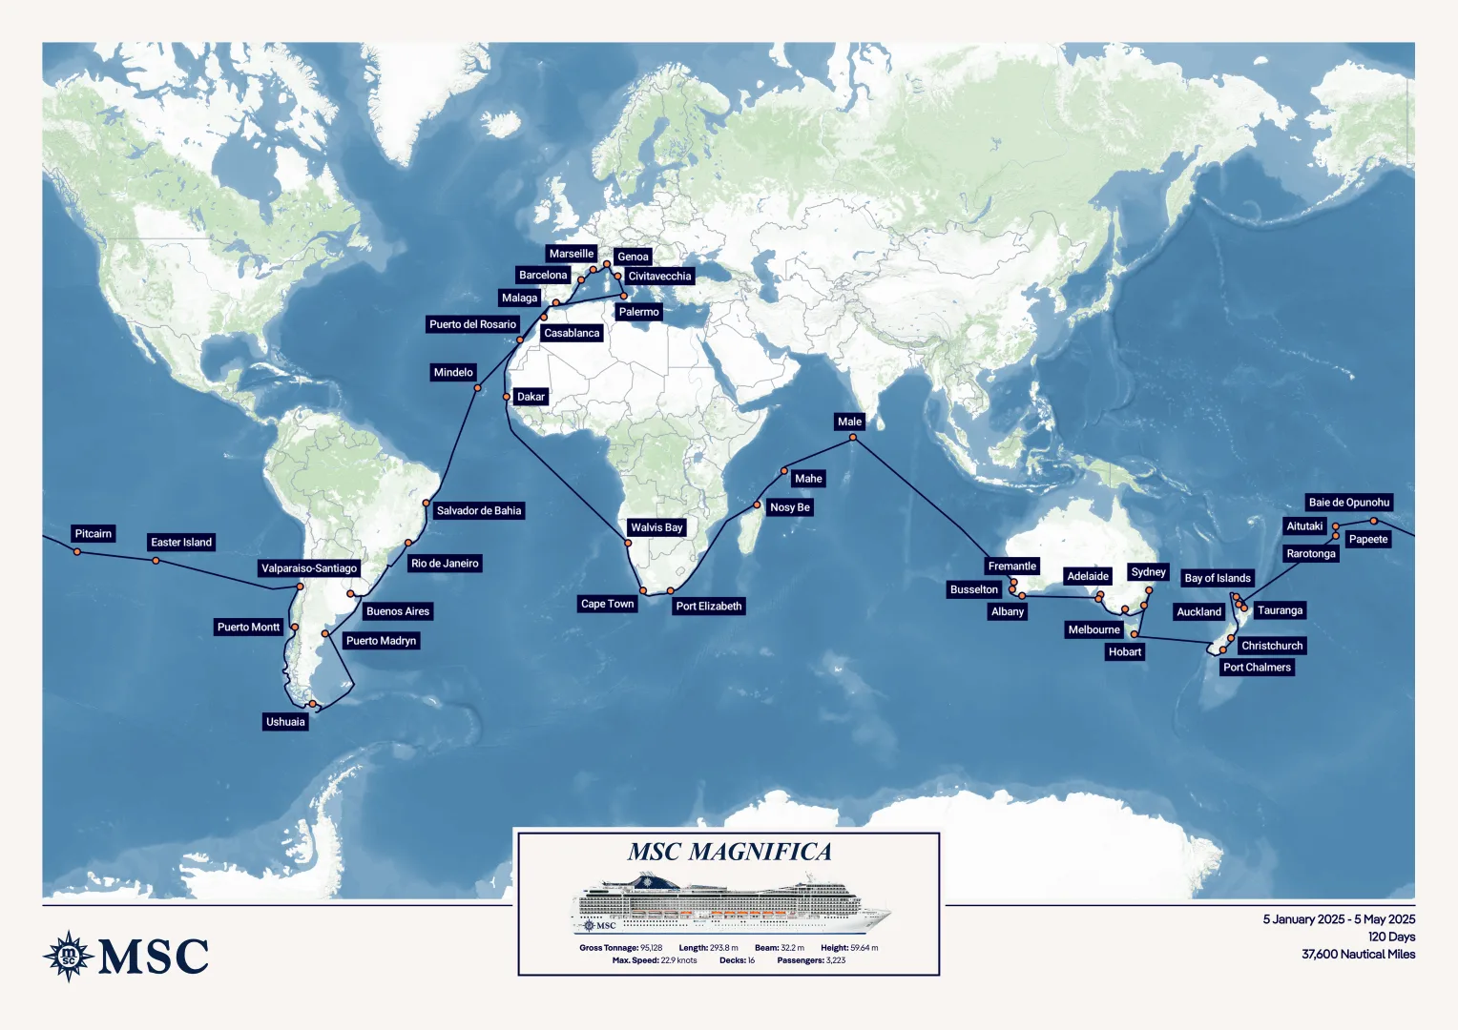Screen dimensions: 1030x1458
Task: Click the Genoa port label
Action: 633,257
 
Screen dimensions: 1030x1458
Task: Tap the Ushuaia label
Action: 285,722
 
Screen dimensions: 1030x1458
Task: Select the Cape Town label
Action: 607,604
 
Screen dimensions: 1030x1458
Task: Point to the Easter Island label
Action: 181,543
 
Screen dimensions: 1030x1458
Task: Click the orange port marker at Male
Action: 853,438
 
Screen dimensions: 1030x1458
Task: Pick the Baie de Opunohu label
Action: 1348,503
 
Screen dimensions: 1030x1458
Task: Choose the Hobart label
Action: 1124,652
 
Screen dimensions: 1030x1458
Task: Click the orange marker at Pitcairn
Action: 77,551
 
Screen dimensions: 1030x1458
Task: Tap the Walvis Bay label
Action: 656,527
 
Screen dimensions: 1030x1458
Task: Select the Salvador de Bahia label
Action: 478,511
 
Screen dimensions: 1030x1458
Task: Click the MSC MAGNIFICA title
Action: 729,852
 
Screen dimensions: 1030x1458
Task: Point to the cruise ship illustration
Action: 730,904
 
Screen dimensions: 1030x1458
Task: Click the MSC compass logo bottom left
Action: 69,956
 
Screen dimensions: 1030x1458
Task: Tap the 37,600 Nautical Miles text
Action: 1358,954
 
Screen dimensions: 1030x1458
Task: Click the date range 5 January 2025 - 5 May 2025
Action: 1339,919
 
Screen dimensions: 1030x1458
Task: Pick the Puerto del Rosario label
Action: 472,324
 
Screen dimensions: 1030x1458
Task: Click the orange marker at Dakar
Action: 507,397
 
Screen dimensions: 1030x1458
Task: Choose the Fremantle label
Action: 1011,566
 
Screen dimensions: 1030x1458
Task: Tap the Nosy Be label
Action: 789,507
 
